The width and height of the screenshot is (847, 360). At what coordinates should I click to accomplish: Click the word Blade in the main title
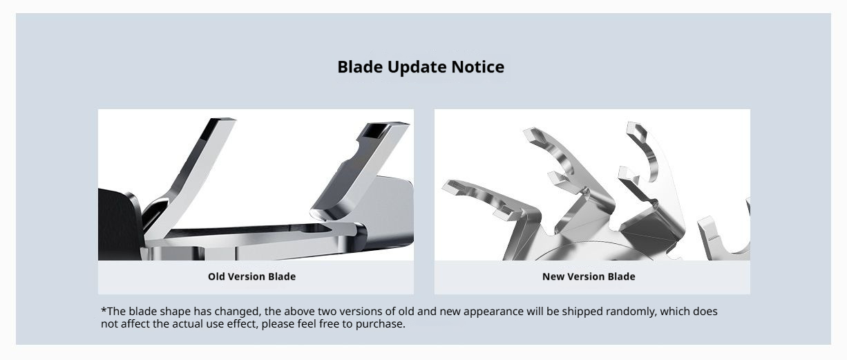click(x=360, y=67)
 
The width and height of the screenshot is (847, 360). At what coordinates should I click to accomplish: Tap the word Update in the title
click(x=417, y=68)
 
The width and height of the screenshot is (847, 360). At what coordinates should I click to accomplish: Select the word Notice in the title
click(x=477, y=67)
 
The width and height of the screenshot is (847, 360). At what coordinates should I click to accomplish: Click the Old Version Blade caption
click(x=252, y=276)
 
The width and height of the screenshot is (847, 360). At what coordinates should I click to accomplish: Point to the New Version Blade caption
click(x=589, y=276)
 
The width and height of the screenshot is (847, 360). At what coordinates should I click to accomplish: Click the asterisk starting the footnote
click(x=104, y=310)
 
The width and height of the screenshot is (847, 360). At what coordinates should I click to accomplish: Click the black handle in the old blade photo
click(x=119, y=225)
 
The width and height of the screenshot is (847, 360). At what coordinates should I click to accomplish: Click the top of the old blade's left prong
click(x=221, y=120)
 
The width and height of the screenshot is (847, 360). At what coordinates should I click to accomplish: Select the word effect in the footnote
click(x=242, y=324)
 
